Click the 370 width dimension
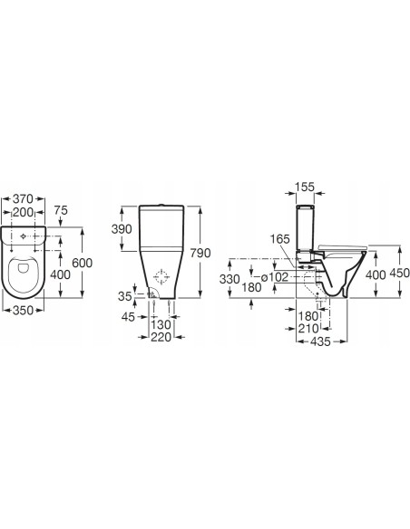pyautogui.click(x=23, y=198)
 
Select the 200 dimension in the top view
pyautogui.click(x=23, y=212)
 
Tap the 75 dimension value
pyautogui.click(x=61, y=210)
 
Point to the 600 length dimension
pyautogui.click(x=82, y=263)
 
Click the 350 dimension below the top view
pyautogui.click(x=23, y=310)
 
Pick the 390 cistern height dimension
pyautogui.click(x=122, y=229)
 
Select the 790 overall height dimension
pyautogui.click(x=200, y=253)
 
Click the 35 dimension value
pyautogui.click(x=124, y=296)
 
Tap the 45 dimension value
pyautogui.click(x=128, y=317)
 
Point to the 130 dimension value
pyautogui.click(x=161, y=325)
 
